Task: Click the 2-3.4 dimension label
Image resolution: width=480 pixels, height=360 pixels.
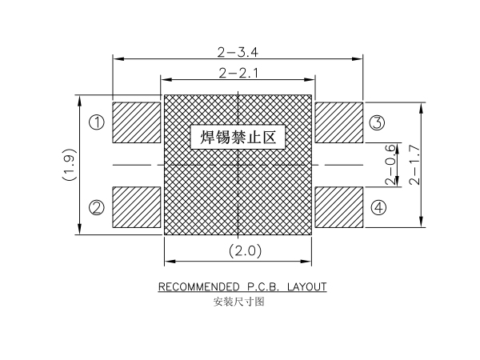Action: [x=238, y=52]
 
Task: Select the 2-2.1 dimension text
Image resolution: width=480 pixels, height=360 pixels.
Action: [x=238, y=73]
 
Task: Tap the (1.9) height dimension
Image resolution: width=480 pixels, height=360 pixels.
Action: [x=69, y=165]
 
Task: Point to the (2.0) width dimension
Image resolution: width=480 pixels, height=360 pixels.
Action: [x=246, y=251]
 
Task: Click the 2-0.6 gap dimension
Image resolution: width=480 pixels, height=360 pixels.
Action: [x=390, y=165]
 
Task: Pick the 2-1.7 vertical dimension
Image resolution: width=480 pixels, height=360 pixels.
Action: [x=414, y=165]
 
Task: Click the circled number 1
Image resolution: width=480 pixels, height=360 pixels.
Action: [x=97, y=122]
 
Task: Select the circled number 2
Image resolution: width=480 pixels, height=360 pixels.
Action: [x=97, y=207]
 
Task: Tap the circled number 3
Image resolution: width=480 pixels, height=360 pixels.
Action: [x=377, y=122]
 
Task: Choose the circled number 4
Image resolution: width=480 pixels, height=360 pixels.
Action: [x=378, y=207]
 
